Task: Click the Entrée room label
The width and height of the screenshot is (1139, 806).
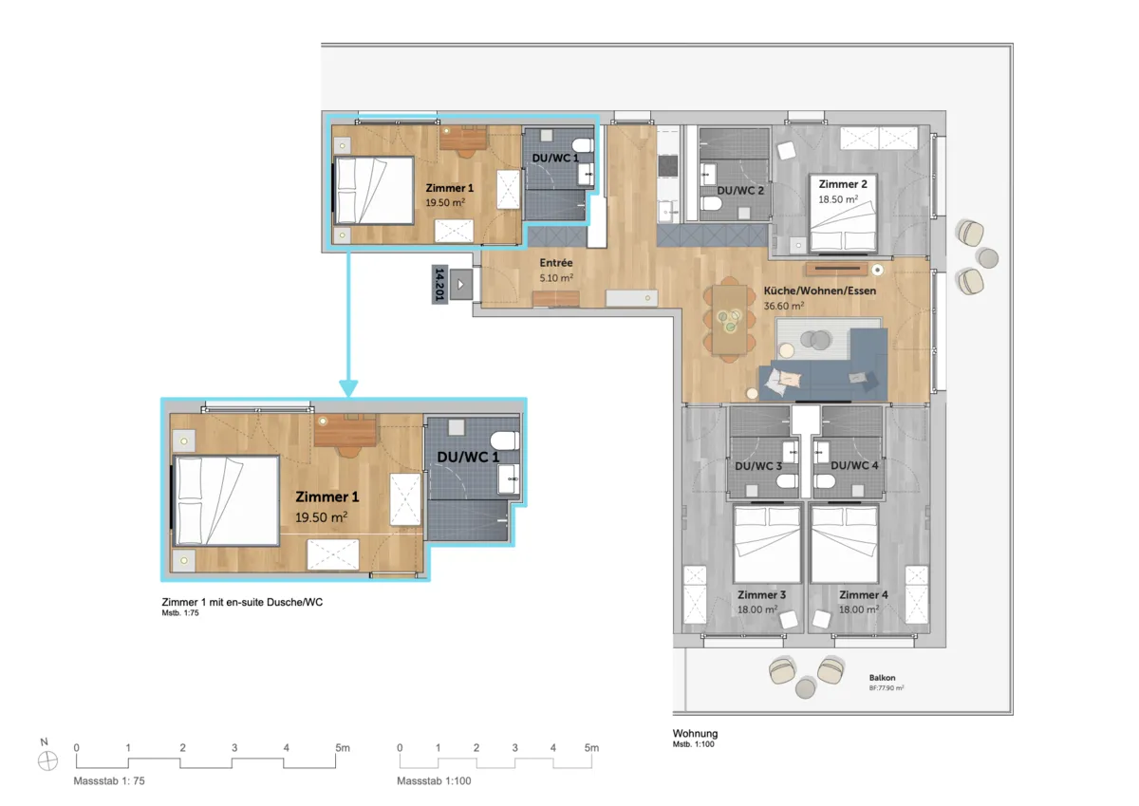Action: [x=556, y=263]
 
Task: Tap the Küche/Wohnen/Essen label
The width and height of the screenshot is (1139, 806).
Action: [x=820, y=291]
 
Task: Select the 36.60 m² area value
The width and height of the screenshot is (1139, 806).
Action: [x=784, y=306]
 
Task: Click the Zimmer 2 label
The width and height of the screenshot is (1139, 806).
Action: [x=843, y=184]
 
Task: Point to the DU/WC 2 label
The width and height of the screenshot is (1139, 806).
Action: [x=740, y=191]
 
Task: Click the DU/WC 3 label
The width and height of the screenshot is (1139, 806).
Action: [x=758, y=466]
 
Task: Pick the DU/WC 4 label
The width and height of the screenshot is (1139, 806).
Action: [x=854, y=465]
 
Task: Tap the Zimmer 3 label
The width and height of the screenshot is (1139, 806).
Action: [x=761, y=594]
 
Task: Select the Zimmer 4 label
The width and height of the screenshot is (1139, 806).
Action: [x=864, y=594]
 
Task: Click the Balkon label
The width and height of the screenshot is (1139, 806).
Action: [x=882, y=677]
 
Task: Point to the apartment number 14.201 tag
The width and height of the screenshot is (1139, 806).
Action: [x=439, y=284]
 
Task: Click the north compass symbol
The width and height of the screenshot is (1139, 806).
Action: [x=47, y=761]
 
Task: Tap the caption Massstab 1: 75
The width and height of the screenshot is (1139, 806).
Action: [x=109, y=780]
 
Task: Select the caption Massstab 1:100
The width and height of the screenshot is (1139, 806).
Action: [x=434, y=780]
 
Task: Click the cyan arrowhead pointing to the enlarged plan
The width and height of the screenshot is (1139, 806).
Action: [x=348, y=388]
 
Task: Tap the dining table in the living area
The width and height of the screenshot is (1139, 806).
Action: [x=730, y=319]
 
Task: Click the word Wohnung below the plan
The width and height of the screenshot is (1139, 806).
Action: [x=695, y=733]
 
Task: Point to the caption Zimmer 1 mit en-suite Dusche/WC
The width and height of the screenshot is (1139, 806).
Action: [x=242, y=602]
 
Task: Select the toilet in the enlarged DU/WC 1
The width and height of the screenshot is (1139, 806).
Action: [x=505, y=440]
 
